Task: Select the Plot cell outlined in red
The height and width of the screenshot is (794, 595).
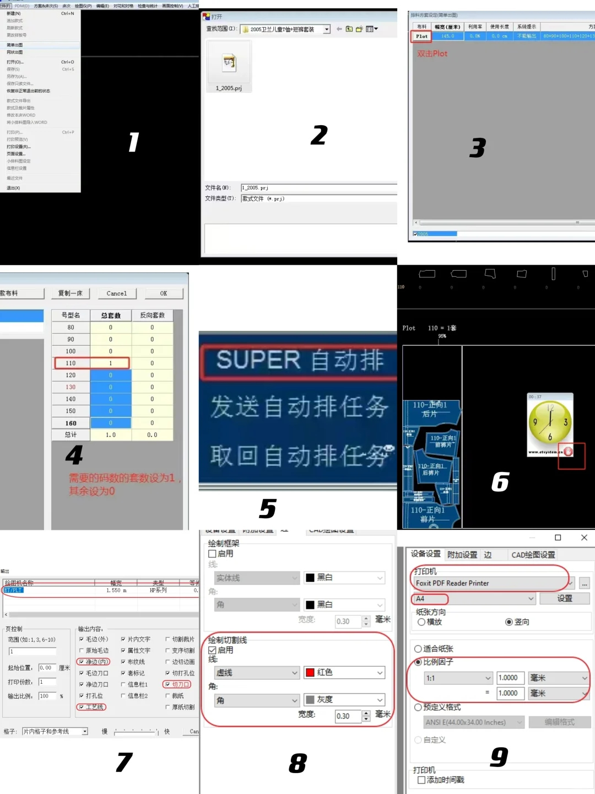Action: point(421,36)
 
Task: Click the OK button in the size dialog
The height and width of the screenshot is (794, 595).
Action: point(164,293)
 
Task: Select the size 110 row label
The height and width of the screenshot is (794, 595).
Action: point(71,363)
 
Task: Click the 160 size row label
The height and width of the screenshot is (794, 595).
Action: point(71,423)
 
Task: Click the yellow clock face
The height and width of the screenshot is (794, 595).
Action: point(550,422)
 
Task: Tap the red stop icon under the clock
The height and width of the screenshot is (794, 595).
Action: point(568,452)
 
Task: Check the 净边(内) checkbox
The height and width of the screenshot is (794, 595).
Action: point(82,662)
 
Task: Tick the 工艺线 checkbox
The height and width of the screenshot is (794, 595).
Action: point(82,707)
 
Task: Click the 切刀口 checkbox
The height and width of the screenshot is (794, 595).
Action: point(167,684)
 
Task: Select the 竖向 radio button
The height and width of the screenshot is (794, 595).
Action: point(509,622)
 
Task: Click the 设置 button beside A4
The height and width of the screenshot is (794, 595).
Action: point(565,598)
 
